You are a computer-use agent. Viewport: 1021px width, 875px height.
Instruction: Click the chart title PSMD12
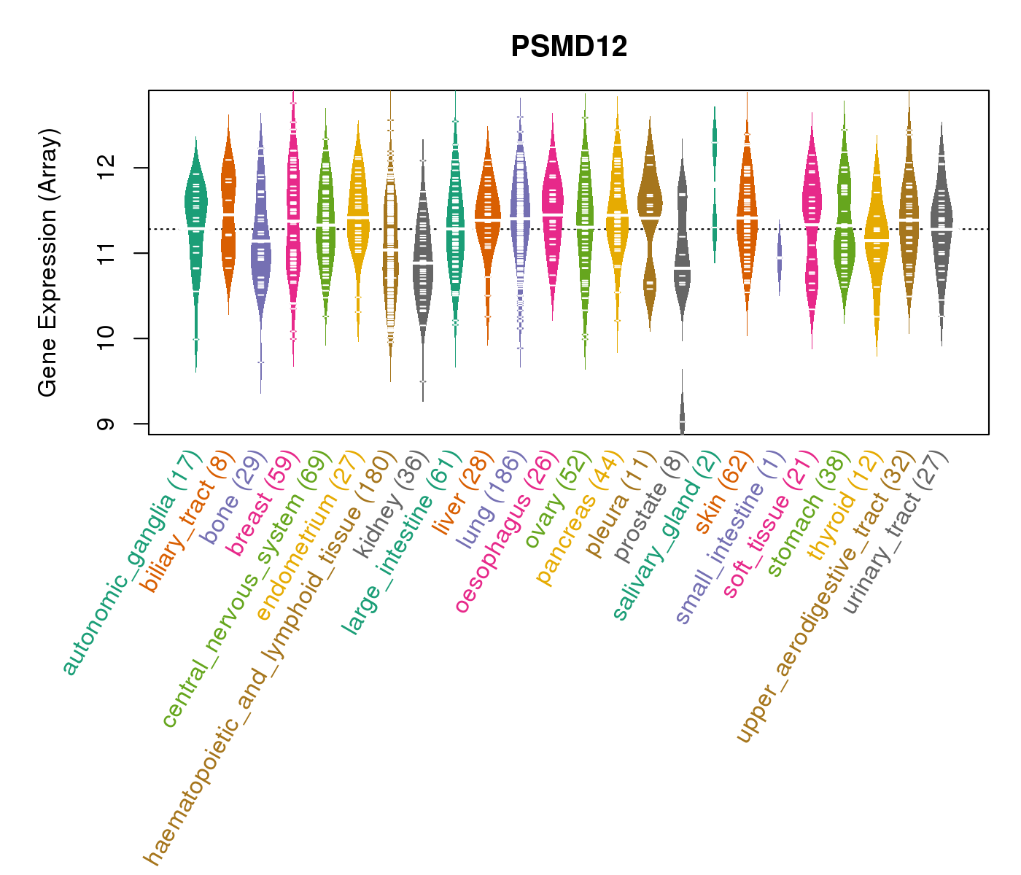coord(569,47)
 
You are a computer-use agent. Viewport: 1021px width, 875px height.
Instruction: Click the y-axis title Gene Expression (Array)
coord(48,263)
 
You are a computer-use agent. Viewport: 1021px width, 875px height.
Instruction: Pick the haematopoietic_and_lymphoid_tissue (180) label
coord(270,657)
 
